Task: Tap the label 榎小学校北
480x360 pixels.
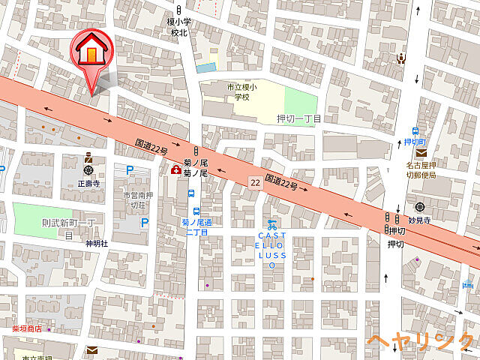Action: (x=178, y=27)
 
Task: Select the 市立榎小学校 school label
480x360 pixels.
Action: (x=241, y=91)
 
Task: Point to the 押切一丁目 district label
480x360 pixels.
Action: (x=298, y=119)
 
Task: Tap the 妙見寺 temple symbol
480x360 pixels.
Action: (x=418, y=208)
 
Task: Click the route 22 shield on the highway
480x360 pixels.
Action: (x=255, y=182)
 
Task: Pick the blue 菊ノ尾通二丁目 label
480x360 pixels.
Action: (x=196, y=227)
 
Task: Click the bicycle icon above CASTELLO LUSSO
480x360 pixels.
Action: (x=272, y=223)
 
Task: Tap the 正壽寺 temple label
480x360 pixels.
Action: (x=88, y=182)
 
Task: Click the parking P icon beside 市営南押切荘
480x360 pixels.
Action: (x=144, y=222)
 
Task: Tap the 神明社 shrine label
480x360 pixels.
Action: (x=97, y=244)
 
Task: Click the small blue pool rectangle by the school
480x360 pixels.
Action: (x=205, y=68)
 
